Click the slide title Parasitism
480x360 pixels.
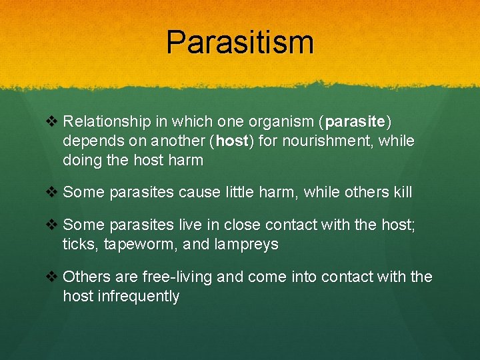[x=240, y=43]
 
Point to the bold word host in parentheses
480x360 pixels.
[x=230, y=141]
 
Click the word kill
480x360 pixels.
[x=402, y=193]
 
